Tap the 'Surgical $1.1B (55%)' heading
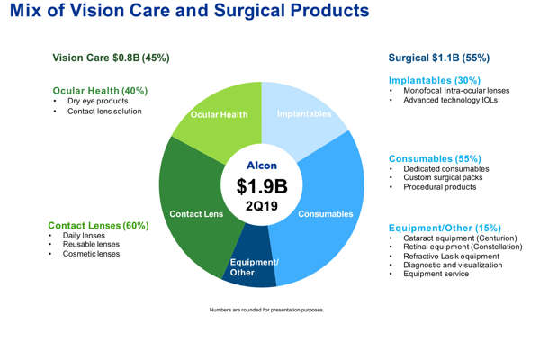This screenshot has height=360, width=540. point(438,58)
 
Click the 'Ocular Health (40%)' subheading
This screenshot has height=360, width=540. point(100,91)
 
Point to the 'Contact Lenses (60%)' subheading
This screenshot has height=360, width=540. point(98,225)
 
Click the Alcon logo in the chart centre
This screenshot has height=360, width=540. point(262,165)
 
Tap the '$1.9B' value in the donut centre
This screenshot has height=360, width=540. point(262,186)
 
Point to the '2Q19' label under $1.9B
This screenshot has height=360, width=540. point(262,206)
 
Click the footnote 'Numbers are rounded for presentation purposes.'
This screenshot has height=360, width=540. point(265,310)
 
